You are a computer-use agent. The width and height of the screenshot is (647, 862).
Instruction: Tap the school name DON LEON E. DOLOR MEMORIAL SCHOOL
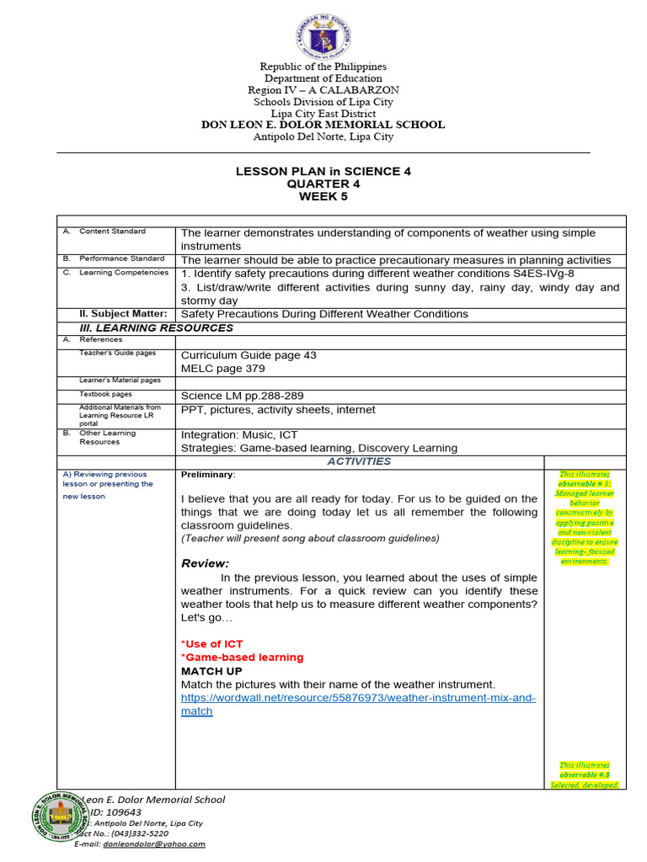click(x=323, y=125)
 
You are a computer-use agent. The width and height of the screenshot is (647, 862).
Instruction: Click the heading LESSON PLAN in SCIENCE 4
click(x=323, y=171)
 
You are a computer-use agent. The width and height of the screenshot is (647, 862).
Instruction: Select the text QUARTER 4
click(x=323, y=184)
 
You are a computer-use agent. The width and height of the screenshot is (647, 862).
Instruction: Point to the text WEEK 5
click(x=323, y=197)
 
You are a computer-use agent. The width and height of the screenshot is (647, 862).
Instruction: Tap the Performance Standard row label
click(x=121, y=258)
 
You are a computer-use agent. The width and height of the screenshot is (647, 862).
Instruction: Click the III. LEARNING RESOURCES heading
click(x=156, y=327)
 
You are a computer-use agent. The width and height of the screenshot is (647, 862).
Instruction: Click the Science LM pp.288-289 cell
click(x=242, y=396)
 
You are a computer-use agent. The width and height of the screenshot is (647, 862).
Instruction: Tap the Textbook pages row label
click(x=105, y=394)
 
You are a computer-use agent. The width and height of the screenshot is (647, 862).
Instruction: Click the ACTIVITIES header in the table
click(x=359, y=461)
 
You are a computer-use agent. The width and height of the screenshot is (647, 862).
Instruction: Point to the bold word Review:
click(x=205, y=563)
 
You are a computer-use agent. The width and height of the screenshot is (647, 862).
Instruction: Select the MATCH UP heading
click(x=211, y=671)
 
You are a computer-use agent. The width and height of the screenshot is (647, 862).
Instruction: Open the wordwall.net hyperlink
click(x=358, y=698)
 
